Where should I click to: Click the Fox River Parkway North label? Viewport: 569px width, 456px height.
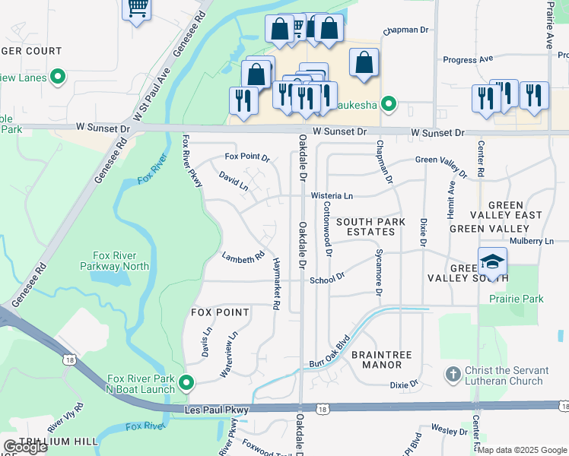click(115, 261)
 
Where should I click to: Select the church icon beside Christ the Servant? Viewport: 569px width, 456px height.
click(453, 374)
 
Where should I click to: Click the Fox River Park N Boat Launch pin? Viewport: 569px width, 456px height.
click(187, 382)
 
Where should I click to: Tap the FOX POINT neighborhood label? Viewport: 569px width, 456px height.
click(219, 312)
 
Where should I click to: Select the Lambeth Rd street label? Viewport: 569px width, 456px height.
click(243, 258)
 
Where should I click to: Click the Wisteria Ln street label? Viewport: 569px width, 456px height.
click(332, 196)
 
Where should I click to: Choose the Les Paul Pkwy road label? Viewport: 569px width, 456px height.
click(217, 410)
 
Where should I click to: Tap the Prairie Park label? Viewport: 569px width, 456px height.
click(517, 299)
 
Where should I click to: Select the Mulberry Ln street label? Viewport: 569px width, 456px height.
click(532, 241)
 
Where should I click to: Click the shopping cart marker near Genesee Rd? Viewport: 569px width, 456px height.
click(137, 9)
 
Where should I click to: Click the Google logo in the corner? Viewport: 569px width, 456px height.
click(25, 447)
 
